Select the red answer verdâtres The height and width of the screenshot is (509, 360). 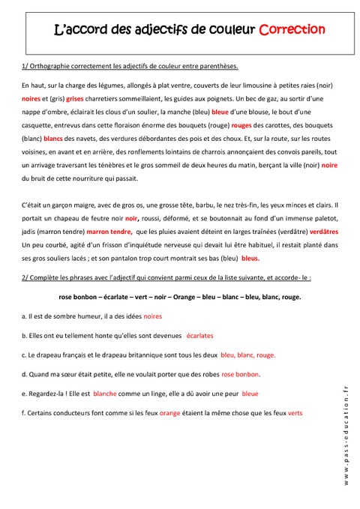click(323, 232)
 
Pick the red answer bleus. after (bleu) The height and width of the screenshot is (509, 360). click(250, 258)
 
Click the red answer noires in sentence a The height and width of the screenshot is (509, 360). click(152, 317)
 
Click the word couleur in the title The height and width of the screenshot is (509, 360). click(229, 31)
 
